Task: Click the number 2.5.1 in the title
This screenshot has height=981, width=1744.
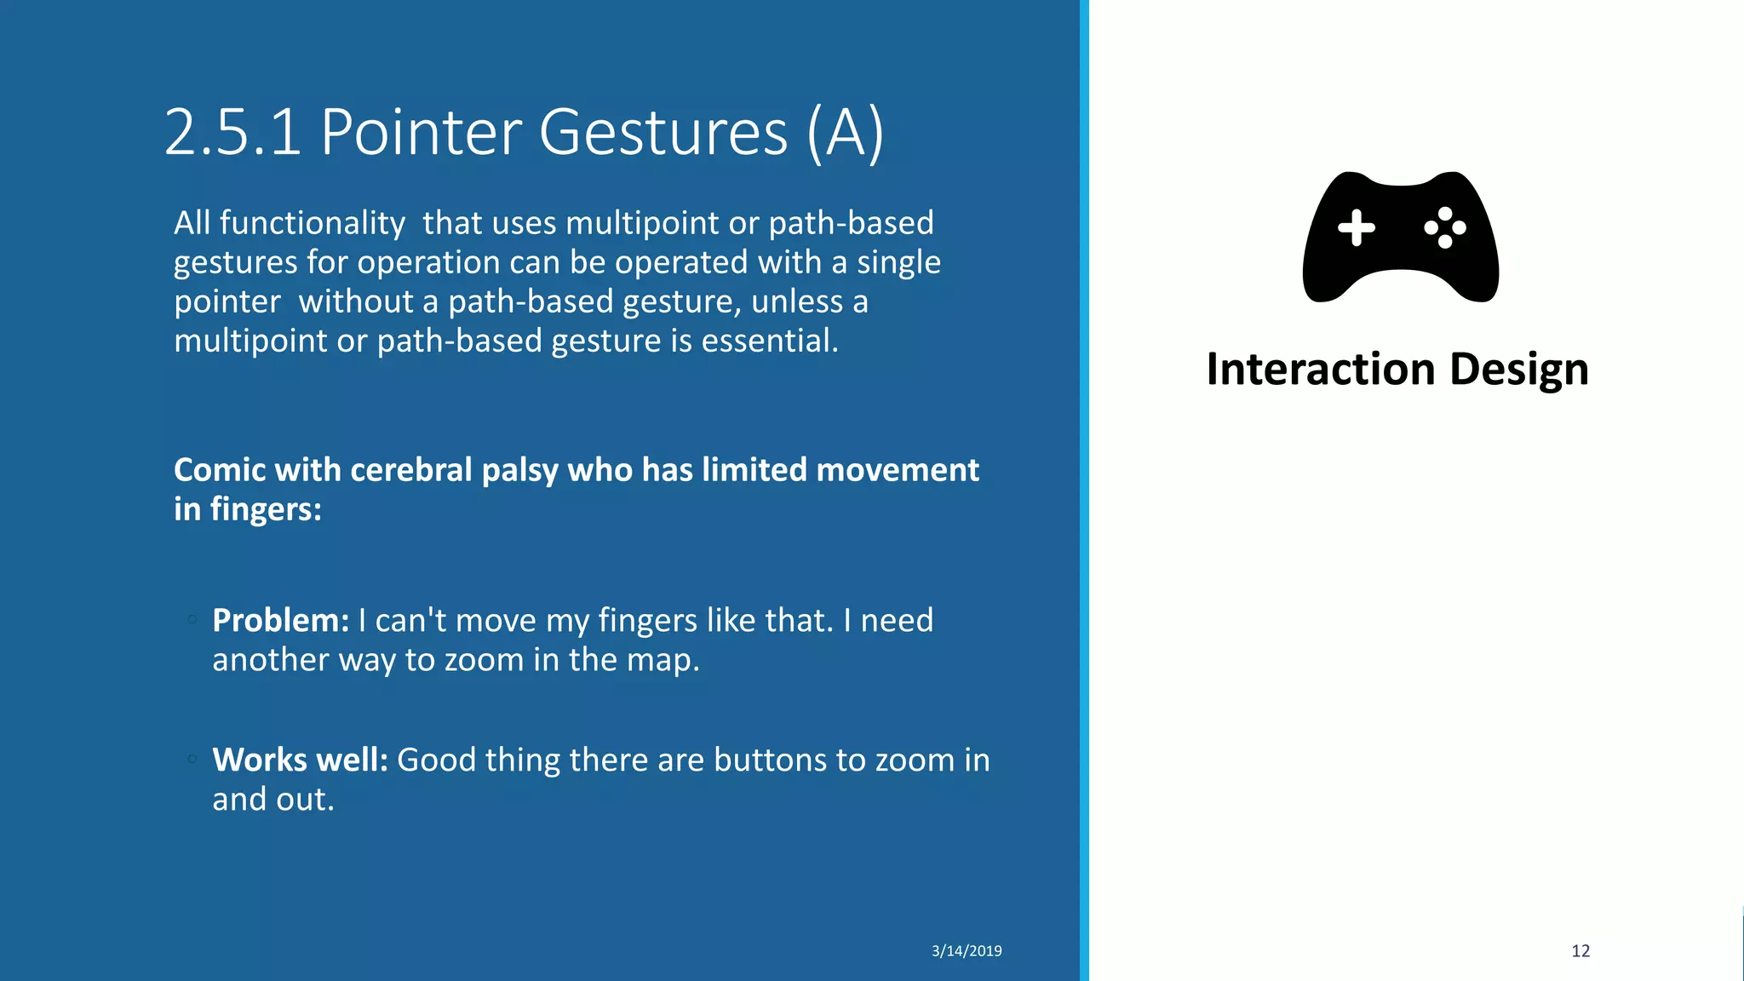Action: [232, 133]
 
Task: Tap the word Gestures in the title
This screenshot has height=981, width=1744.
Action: [663, 133]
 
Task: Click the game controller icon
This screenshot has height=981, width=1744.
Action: [1400, 237]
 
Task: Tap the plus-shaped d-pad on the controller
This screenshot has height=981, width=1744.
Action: [1356, 227]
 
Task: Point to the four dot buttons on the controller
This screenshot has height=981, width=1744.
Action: [1445, 227]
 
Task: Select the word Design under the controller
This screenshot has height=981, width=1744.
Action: [1519, 370]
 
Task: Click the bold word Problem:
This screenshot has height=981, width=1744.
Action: [280, 621]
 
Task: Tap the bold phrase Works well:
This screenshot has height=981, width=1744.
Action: [300, 760]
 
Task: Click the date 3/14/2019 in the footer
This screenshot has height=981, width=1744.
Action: [967, 951]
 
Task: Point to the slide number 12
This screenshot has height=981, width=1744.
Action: [1580, 951]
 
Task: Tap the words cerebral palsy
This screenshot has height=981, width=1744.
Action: [454, 470]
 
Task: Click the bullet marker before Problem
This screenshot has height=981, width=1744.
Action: [192, 620]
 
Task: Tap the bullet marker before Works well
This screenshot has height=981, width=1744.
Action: [192, 759]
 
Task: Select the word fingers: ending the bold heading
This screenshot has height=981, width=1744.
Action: [266, 509]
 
